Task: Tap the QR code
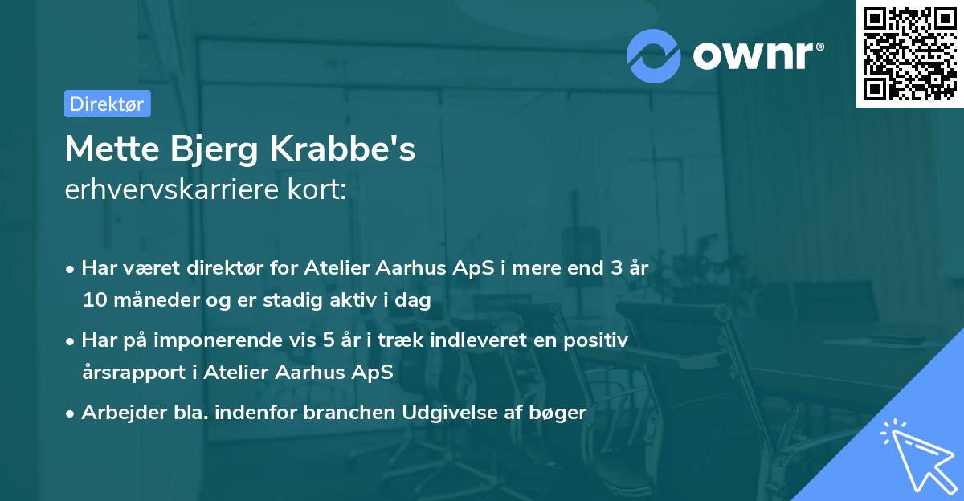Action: (909, 53)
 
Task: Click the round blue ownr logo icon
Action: (654, 55)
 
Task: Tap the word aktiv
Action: (357, 301)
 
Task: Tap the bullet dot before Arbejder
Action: (71, 413)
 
